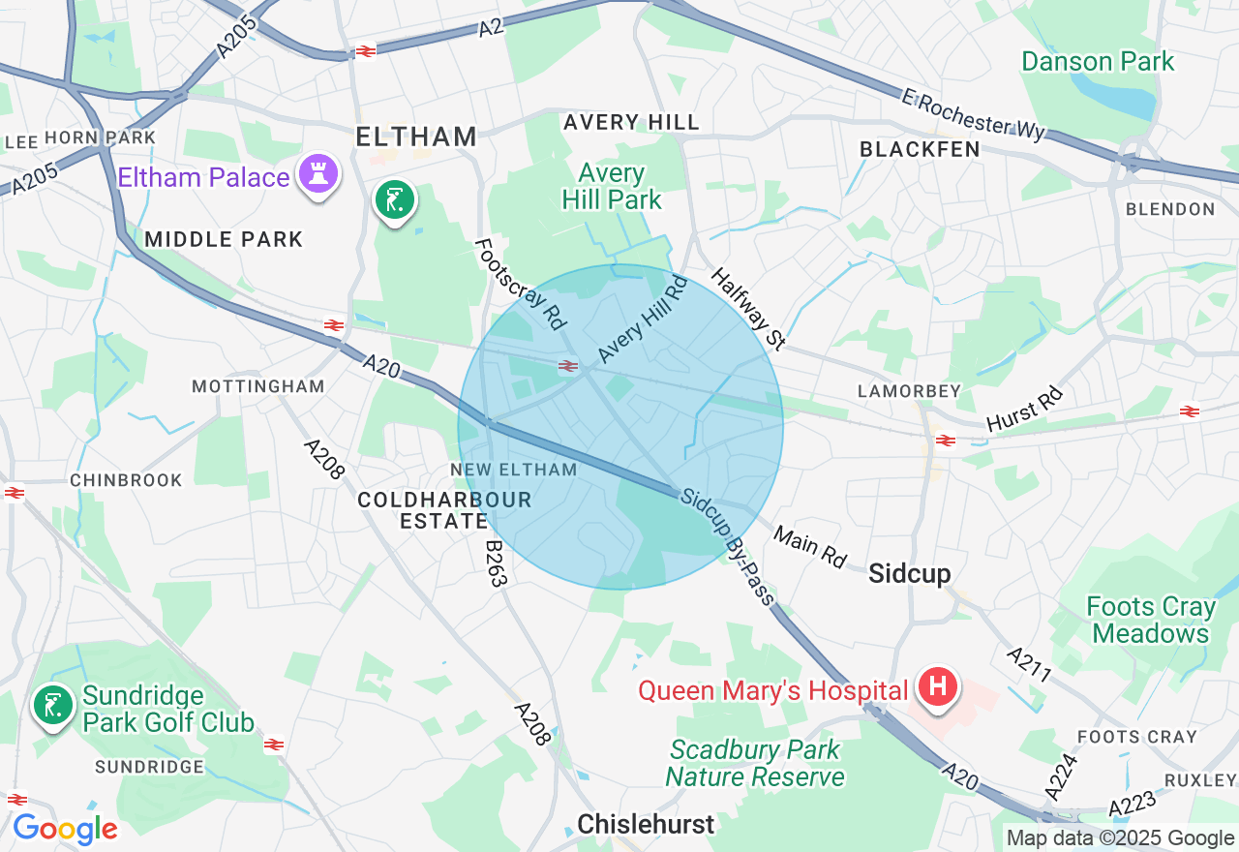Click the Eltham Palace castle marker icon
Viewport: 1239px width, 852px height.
(x=318, y=174)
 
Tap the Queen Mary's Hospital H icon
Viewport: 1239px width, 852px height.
(x=937, y=687)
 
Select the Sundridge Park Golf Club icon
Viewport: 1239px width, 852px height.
(x=52, y=706)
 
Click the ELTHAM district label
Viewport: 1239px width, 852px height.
(x=416, y=137)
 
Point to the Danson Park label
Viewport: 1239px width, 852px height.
(x=1098, y=62)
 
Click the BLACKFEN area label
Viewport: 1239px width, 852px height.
(x=920, y=149)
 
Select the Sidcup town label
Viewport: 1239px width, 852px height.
(x=910, y=572)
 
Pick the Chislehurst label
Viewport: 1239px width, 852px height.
(x=646, y=824)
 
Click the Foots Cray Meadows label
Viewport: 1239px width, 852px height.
(x=1151, y=621)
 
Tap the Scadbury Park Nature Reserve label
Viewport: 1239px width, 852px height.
(x=755, y=763)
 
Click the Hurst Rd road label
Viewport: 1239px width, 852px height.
(x=1024, y=410)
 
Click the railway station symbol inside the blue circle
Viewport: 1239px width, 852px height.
(x=568, y=366)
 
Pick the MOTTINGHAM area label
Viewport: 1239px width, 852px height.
(x=257, y=386)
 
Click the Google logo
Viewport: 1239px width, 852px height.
(x=65, y=830)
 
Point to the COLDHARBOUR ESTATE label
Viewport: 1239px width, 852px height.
(x=444, y=509)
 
